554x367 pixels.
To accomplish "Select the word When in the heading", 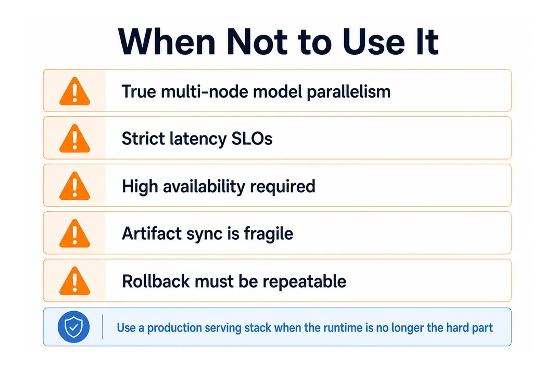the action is pyautogui.click(x=167, y=42).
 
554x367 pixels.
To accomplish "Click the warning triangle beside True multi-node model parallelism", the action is pyautogui.click(x=74, y=91).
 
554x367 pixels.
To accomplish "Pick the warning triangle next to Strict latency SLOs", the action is pyautogui.click(x=74, y=138).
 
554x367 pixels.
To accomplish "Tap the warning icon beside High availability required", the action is pyautogui.click(x=74, y=186).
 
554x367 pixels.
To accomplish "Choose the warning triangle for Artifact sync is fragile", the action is pyautogui.click(x=74, y=233).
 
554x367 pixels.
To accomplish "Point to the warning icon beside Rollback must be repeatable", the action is pyautogui.click(x=74, y=281).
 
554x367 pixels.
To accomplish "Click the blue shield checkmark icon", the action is pyautogui.click(x=73, y=327).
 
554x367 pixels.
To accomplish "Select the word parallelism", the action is pyautogui.click(x=349, y=92).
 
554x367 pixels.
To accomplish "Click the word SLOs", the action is pyautogui.click(x=252, y=138).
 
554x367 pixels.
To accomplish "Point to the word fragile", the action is pyautogui.click(x=269, y=234).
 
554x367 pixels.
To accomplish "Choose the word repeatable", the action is pyautogui.click(x=304, y=282).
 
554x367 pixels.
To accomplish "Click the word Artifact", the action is pyautogui.click(x=152, y=234).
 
